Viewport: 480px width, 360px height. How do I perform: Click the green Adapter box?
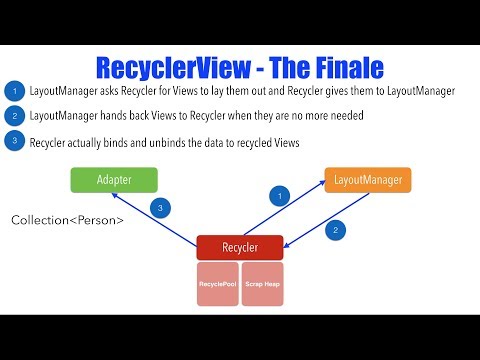tap(114, 180)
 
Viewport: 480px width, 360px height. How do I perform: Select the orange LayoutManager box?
tap(368, 180)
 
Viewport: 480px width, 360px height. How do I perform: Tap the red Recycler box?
tap(239, 245)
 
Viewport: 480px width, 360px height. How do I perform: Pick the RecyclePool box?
tap(217, 284)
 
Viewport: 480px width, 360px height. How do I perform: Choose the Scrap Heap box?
tap(262, 284)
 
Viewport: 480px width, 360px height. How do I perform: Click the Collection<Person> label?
tap(68, 218)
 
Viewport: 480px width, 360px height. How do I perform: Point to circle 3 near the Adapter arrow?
tap(158, 207)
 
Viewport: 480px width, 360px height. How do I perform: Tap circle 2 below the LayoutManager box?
tap(337, 229)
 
